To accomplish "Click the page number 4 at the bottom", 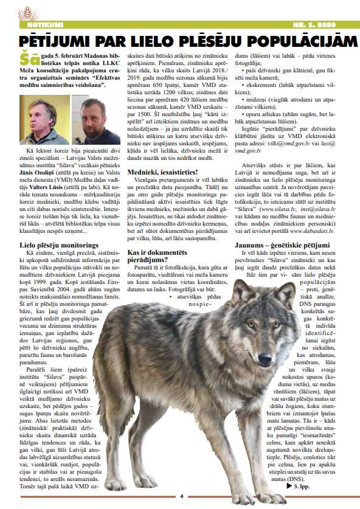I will (x=181, y=496).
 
